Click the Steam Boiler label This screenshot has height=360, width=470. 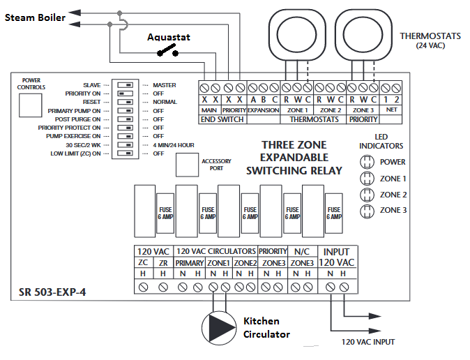pyautogui.click(x=35, y=17)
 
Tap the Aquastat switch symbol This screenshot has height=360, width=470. pyautogui.click(x=168, y=50)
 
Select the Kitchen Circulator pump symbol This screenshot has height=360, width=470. pyautogui.click(x=218, y=328)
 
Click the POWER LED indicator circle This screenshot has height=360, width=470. pyautogui.click(x=367, y=162)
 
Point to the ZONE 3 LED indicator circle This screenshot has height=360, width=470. pyautogui.click(x=367, y=211)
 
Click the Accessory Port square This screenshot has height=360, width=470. pyautogui.click(x=187, y=165)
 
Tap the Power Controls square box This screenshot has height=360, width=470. pyautogui.click(x=30, y=105)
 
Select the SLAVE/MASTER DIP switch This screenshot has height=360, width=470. pyautogui.click(x=125, y=85)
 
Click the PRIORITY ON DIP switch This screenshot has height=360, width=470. pyautogui.click(x=125, y=93)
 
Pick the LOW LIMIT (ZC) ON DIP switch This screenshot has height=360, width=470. pyautogui.click(x=125, y=153)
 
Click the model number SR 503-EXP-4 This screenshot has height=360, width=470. pyautogui.click(x=52, y=292)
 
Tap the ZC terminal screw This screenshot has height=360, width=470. pyautogui.click(x=143, y=287)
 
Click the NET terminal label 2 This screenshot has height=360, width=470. pyautogui.click(x=397, y=100)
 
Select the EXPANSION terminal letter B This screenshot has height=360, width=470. pyautogui.click(x=264, y=100)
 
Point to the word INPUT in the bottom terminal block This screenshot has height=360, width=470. pyautogui.click(x=336, y=252)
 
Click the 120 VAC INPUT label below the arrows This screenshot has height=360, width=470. pyautogui.click(x=368, y=342)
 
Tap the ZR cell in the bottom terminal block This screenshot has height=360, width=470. pyautogui.click(x=163, y=263)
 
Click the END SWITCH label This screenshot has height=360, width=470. pyautogui.click(x=222, y=120)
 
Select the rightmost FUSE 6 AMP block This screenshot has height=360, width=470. pyautogui.click(x=334, y=213)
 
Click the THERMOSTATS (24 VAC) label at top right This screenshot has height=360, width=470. pyautogui.click(x=430, y=40)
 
